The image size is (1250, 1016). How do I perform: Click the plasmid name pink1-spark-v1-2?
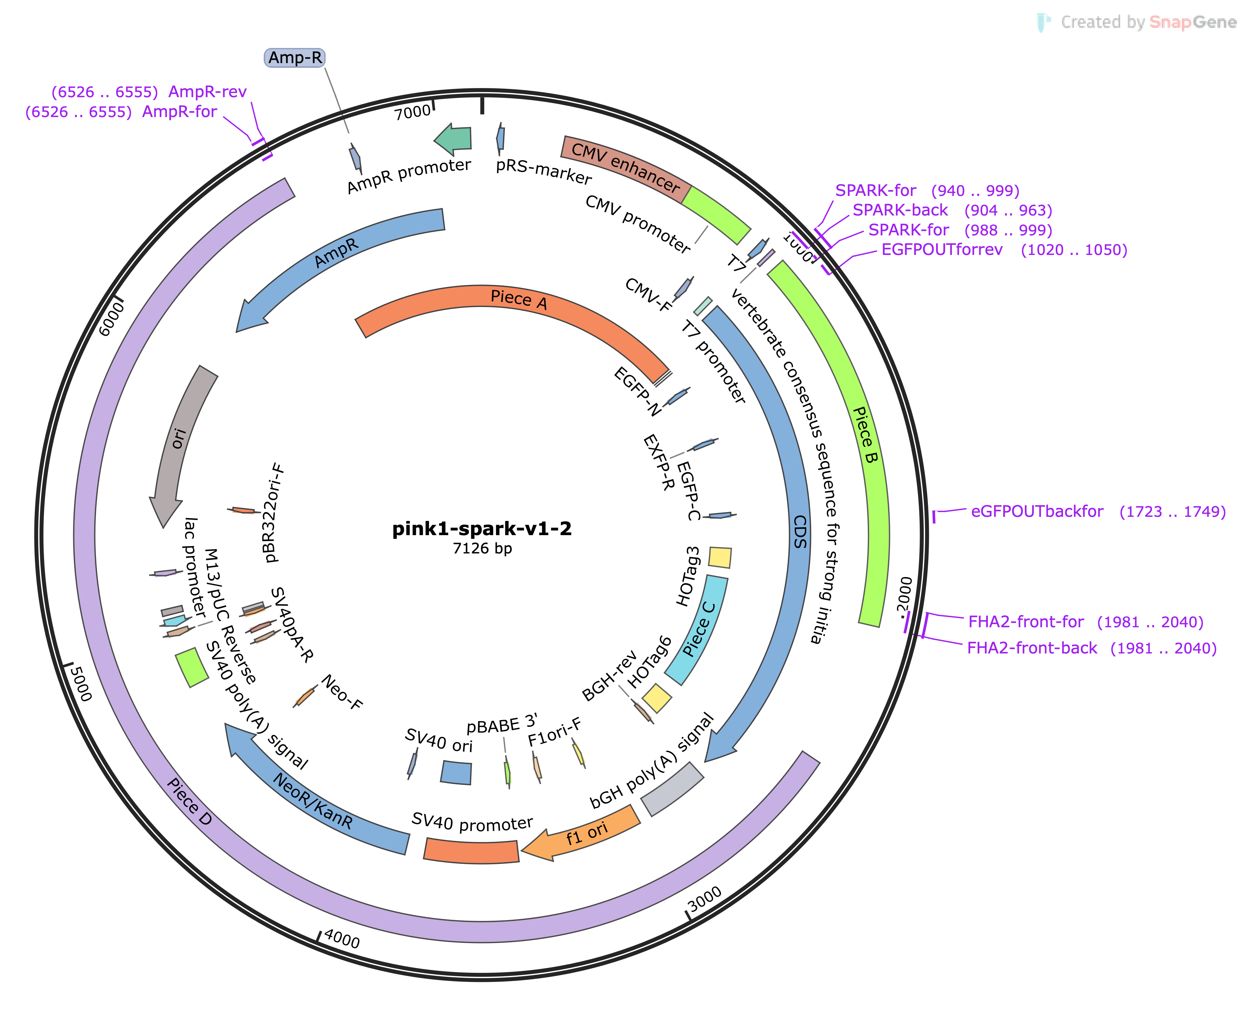482,529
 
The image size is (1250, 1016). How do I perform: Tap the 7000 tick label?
412,111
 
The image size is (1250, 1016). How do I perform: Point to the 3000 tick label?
705,900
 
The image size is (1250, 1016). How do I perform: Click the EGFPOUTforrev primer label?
942,250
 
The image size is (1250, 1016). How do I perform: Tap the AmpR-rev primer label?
207,92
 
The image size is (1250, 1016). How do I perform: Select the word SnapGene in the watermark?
1193,22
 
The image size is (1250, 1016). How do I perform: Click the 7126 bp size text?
482,548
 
